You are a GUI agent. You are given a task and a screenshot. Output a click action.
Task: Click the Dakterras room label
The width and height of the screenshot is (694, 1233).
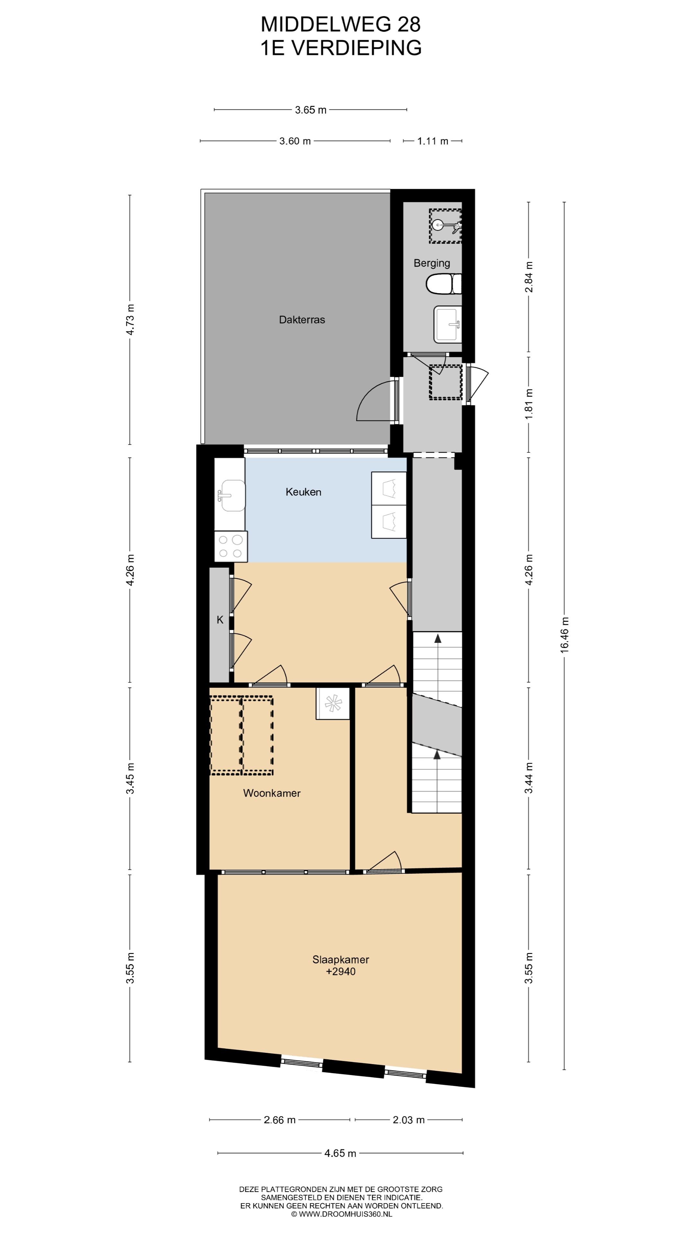click(x=302, y=320)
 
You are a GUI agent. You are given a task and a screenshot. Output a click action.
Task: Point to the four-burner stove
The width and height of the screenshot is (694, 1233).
click(x=231, y=546)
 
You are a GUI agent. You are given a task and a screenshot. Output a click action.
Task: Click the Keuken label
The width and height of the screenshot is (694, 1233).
click(x=303, y=492)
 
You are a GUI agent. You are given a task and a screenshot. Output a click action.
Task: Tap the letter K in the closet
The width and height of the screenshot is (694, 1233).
click(x=220, y=620)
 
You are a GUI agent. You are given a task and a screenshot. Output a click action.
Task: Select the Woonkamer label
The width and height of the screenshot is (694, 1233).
click(x=271, y=793)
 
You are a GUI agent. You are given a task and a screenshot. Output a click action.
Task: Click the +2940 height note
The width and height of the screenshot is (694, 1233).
click(x=341, y=971)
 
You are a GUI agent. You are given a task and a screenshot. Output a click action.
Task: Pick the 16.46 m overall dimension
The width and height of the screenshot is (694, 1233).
click(x=565, y=635)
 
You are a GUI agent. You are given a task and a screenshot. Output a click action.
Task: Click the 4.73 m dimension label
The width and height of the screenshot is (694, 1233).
click(x=130, y=320)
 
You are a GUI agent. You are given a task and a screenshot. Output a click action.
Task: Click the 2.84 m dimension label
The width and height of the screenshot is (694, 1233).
click(x=529, y=277)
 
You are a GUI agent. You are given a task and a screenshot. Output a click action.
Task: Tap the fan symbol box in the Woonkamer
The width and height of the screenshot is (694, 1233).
click(x=333, y=703)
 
